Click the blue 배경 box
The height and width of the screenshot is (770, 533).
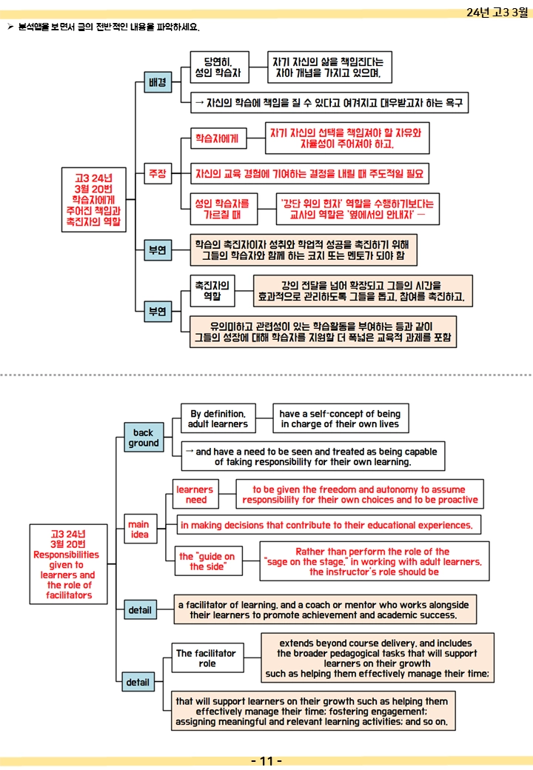click(x=158, y=82)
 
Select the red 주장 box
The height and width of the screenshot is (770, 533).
click(x=158, y=173)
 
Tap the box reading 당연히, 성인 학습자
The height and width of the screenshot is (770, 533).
click(x=219, y=67)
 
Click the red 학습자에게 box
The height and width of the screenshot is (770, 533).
click(x=218, y=138)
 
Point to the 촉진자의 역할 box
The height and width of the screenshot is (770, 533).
click(x=212, y=291)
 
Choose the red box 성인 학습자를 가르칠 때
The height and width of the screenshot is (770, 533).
click(x=224, y=210)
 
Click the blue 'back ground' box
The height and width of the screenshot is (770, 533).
click(x=144, y=438)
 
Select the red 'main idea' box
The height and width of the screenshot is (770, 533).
click(x=139, y=529)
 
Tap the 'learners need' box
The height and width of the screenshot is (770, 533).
click(x=195, y=494)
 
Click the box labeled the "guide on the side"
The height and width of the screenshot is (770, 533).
click(x=208, y=560)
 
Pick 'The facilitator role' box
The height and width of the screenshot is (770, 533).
click(x=207, y=658)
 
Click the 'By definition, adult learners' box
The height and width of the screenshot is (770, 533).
click(x=218, y=418)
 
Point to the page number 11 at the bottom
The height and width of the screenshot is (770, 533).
click(x=266, y=761)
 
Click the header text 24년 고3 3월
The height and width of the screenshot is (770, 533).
click(x=497, y=13)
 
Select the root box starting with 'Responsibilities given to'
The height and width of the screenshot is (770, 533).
click(x=68, y=564)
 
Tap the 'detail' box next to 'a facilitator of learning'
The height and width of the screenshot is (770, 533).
click(x=140, y=610)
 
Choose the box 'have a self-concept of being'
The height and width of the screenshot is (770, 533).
click(x=341, y=418)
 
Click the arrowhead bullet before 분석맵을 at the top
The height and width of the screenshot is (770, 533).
click(x=10, y=27)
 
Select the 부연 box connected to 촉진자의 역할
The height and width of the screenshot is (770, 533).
click(x=158, y=312)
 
